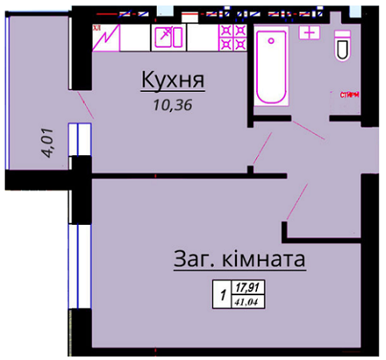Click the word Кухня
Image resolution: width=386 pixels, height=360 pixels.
(174, 81)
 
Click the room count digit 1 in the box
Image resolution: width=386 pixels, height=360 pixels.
(221, 294)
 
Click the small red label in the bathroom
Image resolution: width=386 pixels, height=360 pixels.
(350, 95)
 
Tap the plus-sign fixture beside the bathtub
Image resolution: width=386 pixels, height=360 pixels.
(309, 32)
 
